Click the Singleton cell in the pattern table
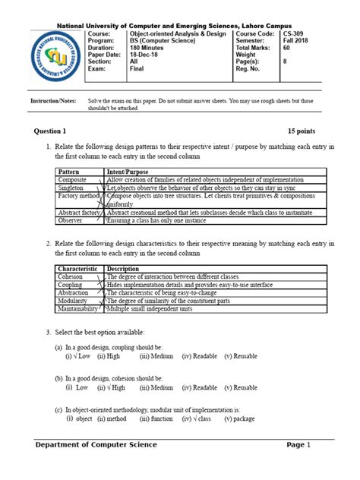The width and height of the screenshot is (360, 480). click(73, 187)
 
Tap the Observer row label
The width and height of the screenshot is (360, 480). click(72, 221)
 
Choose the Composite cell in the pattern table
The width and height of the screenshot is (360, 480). click(74, 178)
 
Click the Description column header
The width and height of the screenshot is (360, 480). click(123, 269)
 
